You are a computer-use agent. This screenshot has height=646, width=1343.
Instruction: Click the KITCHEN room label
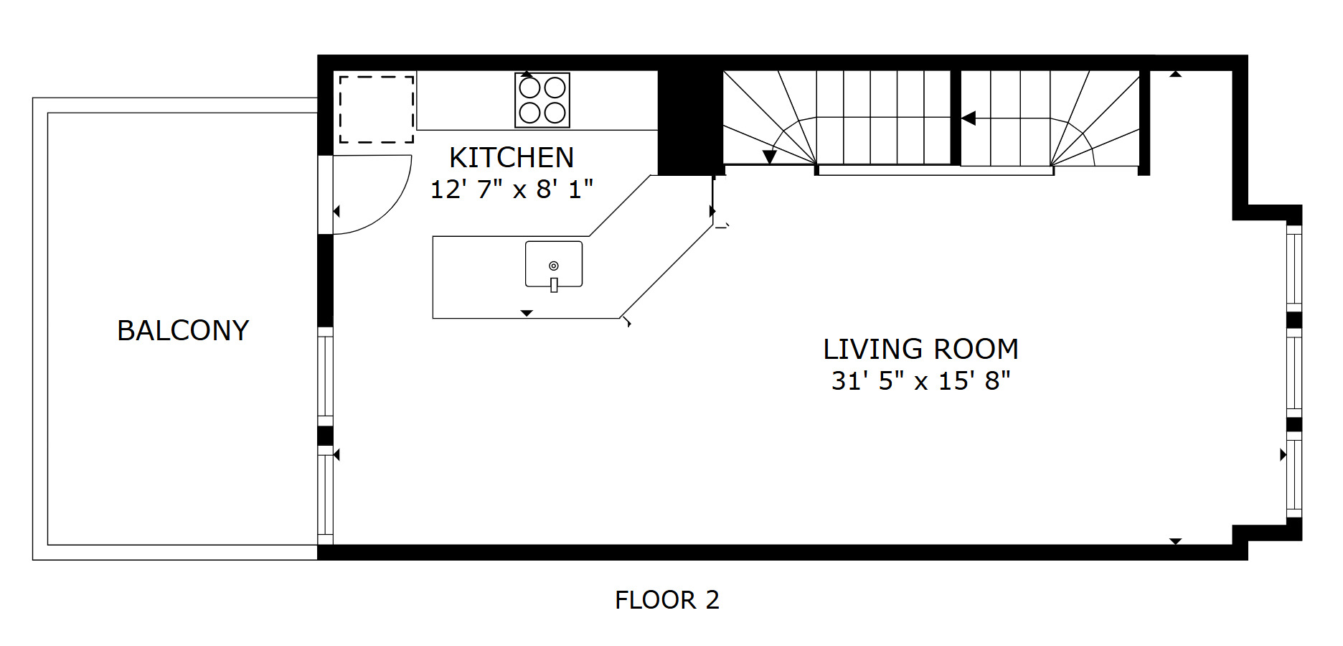tap(512, 157)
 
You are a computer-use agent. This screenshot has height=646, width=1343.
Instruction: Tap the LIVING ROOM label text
tap(920, 349)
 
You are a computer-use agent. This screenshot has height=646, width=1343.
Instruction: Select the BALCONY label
tap(183, 330)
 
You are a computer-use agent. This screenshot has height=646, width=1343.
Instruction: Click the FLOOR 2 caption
tap(667, 599)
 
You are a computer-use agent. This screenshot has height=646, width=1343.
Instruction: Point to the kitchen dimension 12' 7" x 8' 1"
tap(512, 189)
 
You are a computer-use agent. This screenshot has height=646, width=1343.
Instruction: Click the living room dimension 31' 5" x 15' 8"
tap(920, 380)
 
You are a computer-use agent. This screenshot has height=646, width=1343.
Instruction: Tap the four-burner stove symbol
tap(542, 100)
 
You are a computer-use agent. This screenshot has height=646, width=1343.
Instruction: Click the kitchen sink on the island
tap(554, 265)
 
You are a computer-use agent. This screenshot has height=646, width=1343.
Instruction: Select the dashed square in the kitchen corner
tap(377, 110)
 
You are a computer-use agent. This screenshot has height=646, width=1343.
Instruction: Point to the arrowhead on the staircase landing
tap(969, 118)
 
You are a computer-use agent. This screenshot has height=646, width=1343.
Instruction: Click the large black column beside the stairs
tap(689, 122)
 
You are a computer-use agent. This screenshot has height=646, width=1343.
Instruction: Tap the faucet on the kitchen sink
tap(554, 284)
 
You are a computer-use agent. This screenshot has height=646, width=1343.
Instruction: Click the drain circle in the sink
tap(554, 266)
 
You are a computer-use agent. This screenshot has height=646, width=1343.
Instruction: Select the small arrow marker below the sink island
tap(527, 313)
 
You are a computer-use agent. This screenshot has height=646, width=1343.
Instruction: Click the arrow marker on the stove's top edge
tap(527, 74)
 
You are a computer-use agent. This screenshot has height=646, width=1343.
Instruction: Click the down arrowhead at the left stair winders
tap(770, 157)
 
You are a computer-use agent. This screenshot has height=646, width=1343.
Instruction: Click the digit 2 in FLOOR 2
tap(712, 599)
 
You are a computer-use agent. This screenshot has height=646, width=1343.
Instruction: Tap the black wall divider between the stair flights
tap(956, 118)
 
